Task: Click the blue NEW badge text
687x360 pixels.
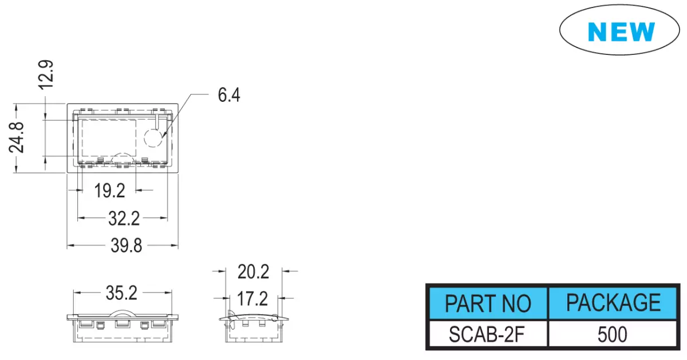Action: [x=621, y=31]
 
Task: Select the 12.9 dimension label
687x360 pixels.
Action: [x=46, y=75]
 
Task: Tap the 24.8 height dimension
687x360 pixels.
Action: [x=16, y=137]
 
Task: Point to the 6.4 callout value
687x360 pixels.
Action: [x=229, y=95]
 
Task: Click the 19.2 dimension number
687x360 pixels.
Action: [x=109, y=191]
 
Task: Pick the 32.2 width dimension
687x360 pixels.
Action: [x=124, y=219]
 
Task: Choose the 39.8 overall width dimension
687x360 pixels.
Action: [x=127, y=246]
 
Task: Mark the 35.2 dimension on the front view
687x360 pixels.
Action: [x=121, y=293]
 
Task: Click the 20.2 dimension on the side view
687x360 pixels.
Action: [x=253, y=272]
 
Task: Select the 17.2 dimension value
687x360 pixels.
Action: [x=252, y=299]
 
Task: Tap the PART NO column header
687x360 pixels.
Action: [x=488, y=303]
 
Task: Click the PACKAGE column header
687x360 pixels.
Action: [x=613, y=303]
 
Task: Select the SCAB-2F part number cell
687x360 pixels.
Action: [x=487, y=334]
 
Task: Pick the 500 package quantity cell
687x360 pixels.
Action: [x=612, y=334]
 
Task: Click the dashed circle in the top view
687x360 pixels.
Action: [x=144, y=138]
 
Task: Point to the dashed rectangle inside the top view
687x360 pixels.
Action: [x=82, y=138]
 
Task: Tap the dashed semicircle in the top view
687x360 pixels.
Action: [x=122, y=153]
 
